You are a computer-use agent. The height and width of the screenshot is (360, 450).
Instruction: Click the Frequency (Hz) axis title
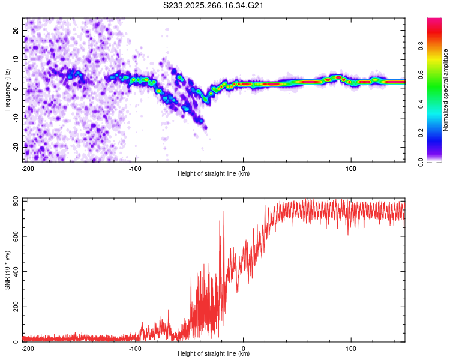(x=7, y=89)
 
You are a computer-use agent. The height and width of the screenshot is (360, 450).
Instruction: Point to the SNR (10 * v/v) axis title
(x=7, y=270)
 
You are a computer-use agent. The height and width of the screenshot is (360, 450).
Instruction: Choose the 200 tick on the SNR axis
(x=15, y=307)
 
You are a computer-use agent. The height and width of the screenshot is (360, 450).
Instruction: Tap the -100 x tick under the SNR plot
(x=134, y=349)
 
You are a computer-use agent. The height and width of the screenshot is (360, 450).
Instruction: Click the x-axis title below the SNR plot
(x=214, y=354)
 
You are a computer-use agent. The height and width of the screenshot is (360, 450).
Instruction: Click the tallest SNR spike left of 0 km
(x=224, y=212)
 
